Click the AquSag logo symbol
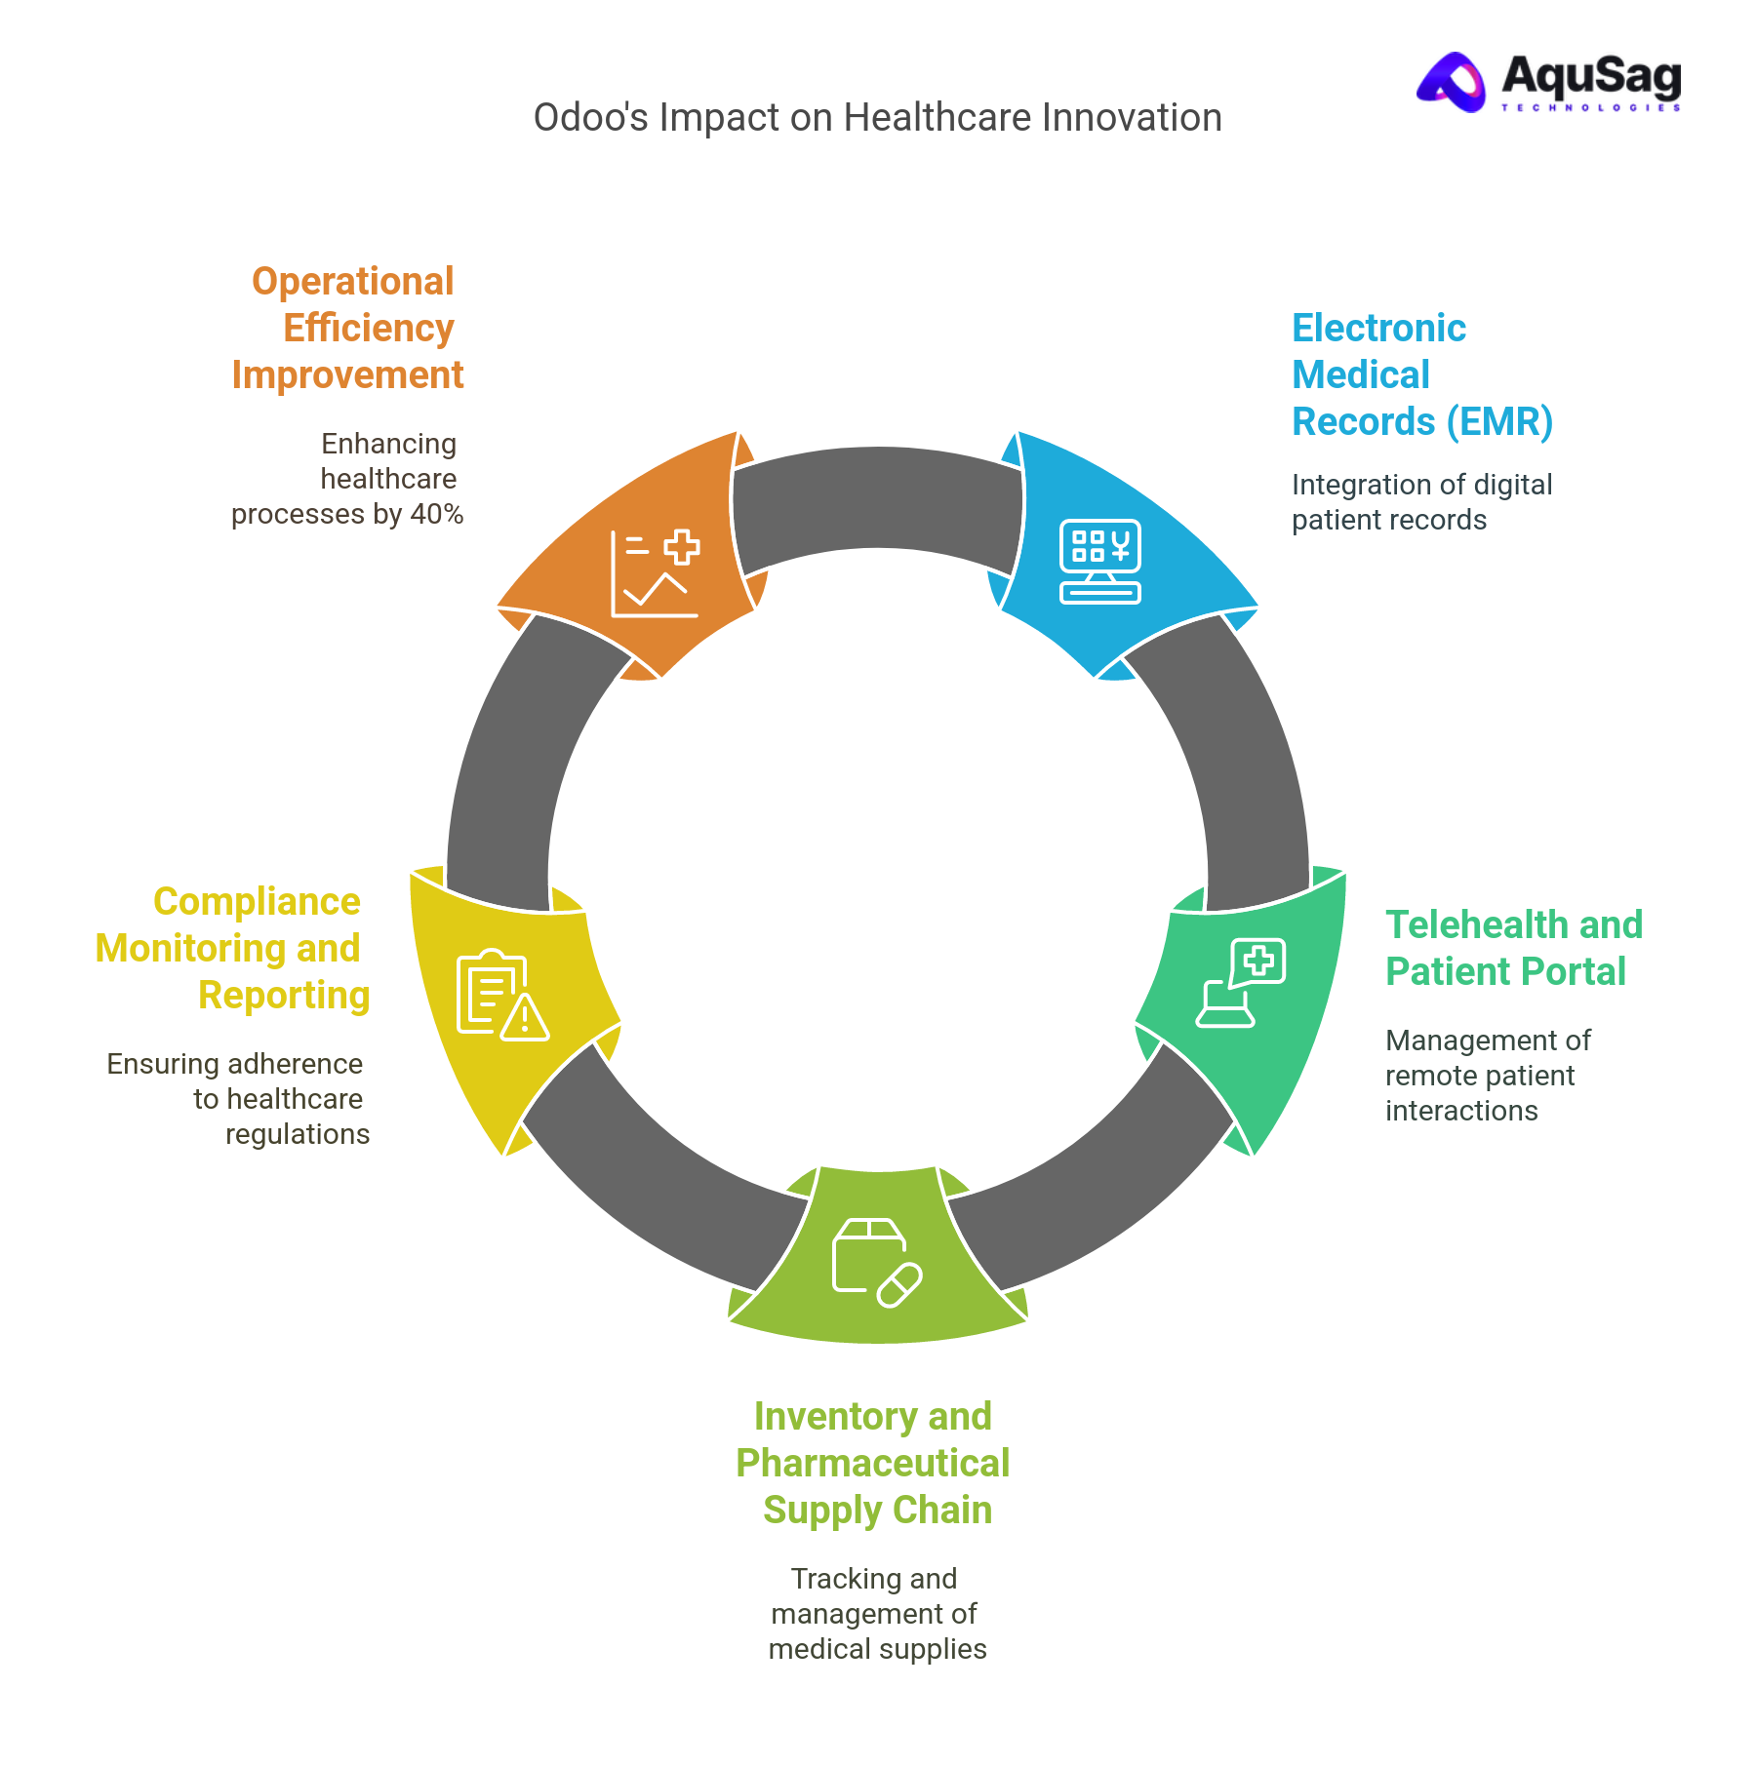tap(1453, 82)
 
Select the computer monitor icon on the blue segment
tap(1100, 562)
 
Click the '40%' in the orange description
tap(437, 514)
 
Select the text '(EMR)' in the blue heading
tap(1499, 422)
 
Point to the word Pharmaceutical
tap(872, 1463)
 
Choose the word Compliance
tap(257, 901)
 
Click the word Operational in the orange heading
tap(352, 281)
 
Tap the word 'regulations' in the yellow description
tap(298, 1134)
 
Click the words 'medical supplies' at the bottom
tap(877, 1649)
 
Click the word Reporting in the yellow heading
tap(284, 995)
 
